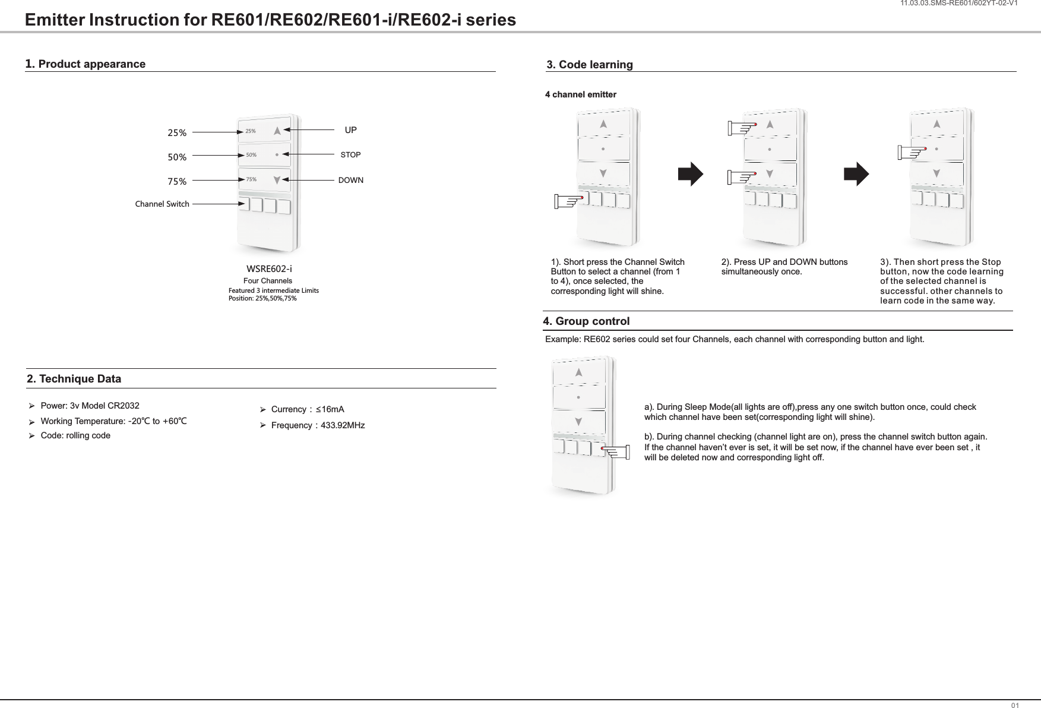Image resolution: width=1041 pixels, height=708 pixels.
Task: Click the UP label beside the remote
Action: pyautogui.click(x=350, y=129)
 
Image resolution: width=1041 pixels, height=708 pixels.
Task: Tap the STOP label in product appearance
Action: pyautogui.click(x=350, y=155)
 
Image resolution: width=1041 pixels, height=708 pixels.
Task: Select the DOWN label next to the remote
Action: pyautogui.click(x=350, y=180)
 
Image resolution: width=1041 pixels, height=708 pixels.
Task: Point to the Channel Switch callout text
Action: pyautogui.click(x=162, y=204)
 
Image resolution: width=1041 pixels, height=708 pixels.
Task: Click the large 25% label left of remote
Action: pyautogui.click(x=177, y=133)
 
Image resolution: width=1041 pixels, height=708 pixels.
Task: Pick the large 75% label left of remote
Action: pyautogui.click(x=177, y=182)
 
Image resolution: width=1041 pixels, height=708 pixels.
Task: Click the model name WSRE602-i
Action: pyautogui.click(x=269, y=269)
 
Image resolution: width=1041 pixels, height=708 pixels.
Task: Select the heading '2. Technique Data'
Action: pyautogui.click(x=74, y=379)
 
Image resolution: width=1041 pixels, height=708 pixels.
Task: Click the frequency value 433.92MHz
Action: pyautogui.click(x=343, y=425)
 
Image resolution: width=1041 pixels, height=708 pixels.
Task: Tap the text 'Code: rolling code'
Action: pyautogui.click(x=75, y=435)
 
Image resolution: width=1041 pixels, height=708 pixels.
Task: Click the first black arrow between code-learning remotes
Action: pyautogui.click(x=691, y=175)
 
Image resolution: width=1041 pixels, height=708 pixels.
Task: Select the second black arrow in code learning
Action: pyautogui.click(x=856, y=175)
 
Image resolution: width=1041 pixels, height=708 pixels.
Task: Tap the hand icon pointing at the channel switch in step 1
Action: pyautogui.click(x=568, y=202)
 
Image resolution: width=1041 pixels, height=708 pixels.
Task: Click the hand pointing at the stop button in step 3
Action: pyautogui.click(x=912, y=153)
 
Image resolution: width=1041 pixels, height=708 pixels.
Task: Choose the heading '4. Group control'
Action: pyautogui.click(x=587, y=321)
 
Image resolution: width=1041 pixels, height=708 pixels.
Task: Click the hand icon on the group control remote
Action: pyautogui.click(x=615, y=453)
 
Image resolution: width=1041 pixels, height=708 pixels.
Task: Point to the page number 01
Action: pyautogui.click(x=1015, y=705)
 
